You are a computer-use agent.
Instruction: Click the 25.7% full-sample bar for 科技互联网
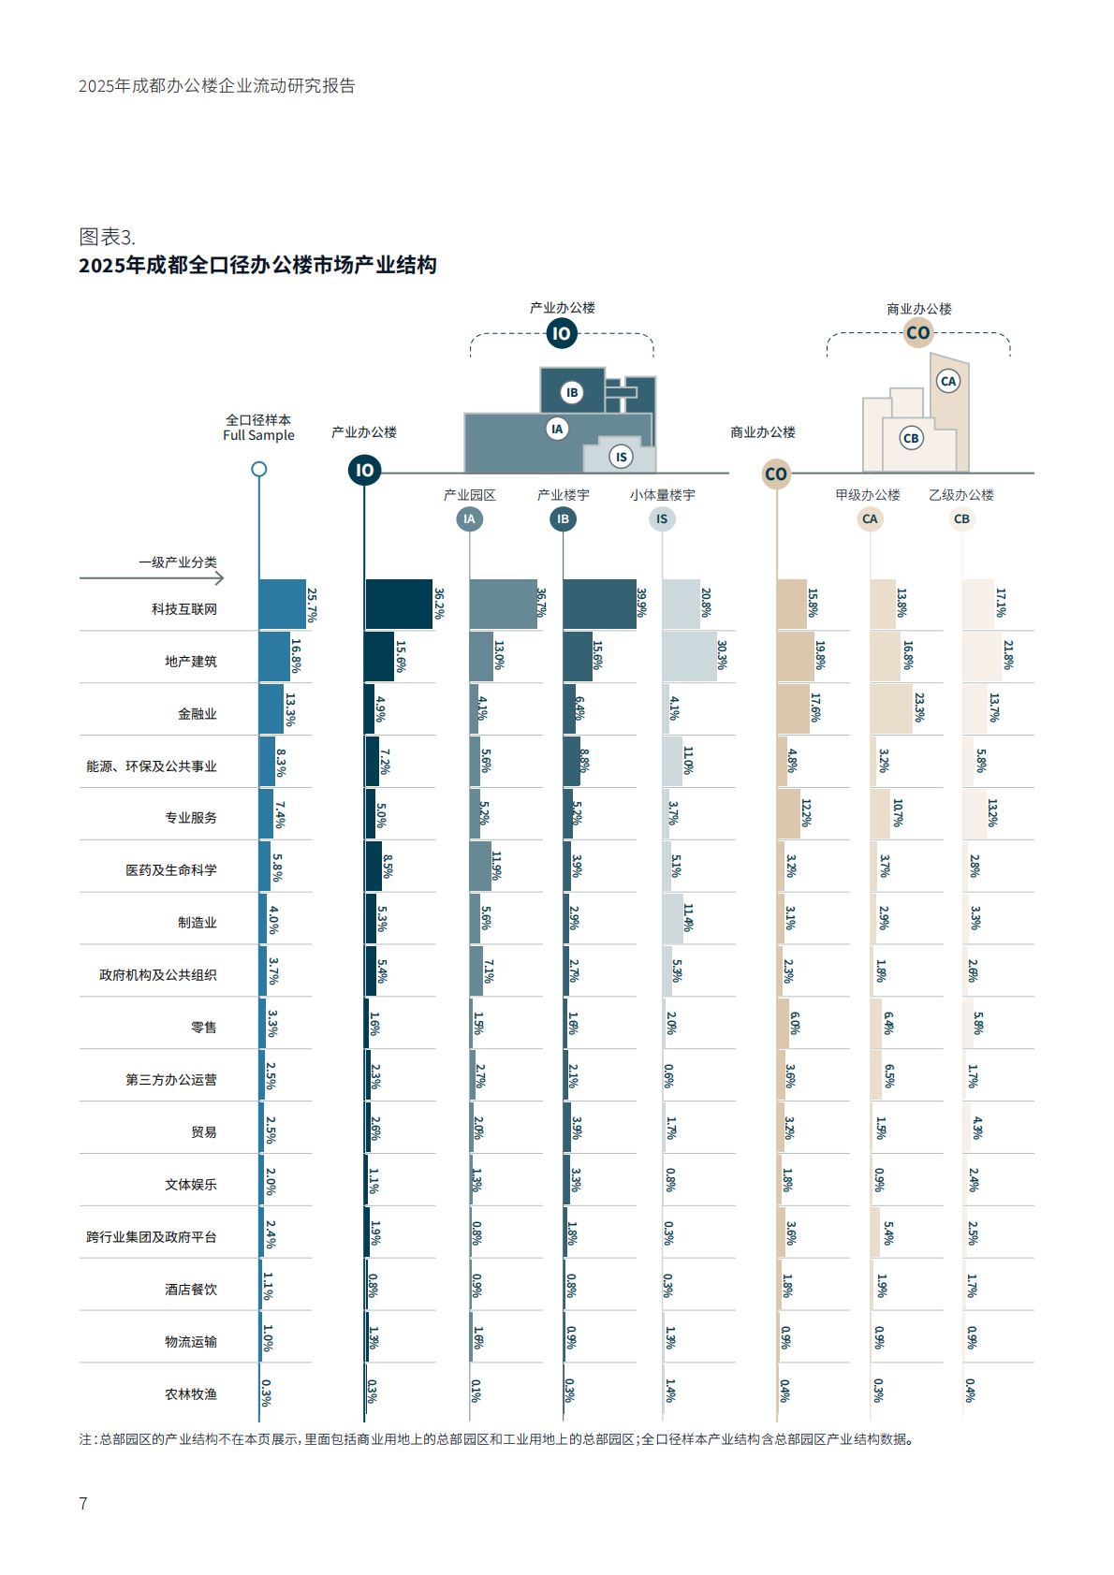[x=282, y=604]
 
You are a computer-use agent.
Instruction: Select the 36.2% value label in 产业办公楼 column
[x=439, y=604]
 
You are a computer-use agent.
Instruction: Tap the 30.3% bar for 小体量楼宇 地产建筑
[x=689, y=656]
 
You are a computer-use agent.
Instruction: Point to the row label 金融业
[x=197, y=714]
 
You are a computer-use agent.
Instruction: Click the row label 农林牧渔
[x=190, y=1394]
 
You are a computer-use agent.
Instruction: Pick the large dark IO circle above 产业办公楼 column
[x=364, y=470]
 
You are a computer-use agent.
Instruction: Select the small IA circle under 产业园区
[x=469, y=518]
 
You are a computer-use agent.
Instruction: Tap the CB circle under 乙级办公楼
[x=961, y=518]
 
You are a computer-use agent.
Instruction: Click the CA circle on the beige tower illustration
[x=948, y=381]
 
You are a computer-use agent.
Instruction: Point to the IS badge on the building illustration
[x=621, y=457]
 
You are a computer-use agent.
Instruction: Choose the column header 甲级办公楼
[x=868, y=495]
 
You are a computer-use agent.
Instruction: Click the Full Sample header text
[x=258, y=435]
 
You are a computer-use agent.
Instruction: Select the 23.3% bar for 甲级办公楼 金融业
[x=890, y=708]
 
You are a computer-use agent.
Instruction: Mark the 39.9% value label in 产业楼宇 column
[x=641, y=603]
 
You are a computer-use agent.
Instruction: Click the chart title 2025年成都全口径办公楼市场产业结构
[x=257, y=265]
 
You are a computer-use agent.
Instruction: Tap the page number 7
[x=83, y=1503]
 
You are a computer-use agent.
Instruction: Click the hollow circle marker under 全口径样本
[x=259, y=469]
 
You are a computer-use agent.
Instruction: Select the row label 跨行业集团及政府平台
[x=151, y=1237]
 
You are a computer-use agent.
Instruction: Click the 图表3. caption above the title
[x=107, y=237]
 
